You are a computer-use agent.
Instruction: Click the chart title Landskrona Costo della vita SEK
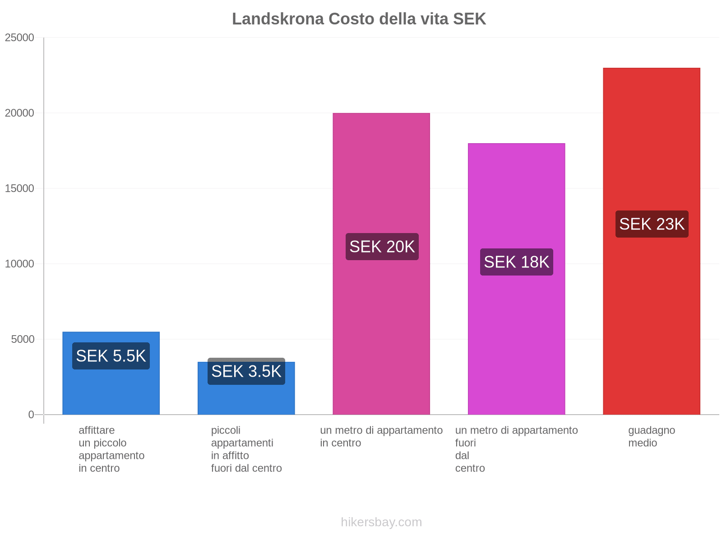[359, 19]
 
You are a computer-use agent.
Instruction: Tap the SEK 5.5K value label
[111, 356]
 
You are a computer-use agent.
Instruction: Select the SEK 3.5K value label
[246, 371]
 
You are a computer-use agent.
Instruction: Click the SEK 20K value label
[382, 247]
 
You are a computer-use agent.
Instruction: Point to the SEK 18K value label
[516, 262]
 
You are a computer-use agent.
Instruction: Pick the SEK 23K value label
[652, 224]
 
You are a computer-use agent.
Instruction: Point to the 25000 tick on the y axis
[19, 37]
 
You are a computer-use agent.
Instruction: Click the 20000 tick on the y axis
[19, 113]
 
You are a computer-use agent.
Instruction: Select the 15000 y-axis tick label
[19, 188]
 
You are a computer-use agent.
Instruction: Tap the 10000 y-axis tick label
[19, 264]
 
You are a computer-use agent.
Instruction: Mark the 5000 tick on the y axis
[23, 339]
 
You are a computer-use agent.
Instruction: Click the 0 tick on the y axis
[31, 415]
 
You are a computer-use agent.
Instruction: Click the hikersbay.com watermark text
[381, 522]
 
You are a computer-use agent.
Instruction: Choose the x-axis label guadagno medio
[651, 436]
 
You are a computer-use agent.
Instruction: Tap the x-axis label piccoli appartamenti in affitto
[246, 449]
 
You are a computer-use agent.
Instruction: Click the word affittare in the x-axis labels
[97, 430]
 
